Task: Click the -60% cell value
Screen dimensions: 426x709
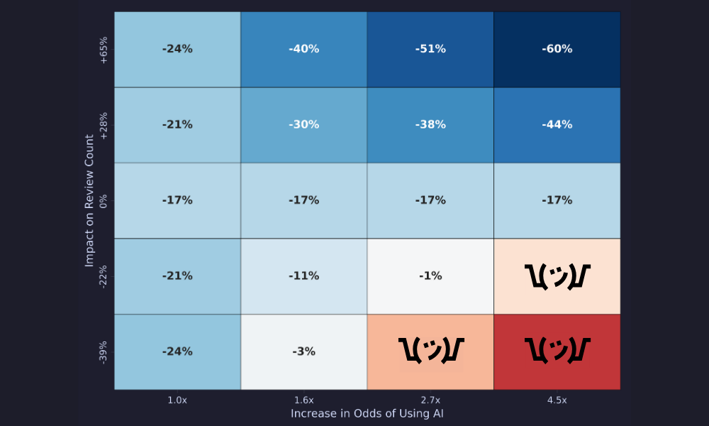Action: pyautogui.click(x=557, y=49)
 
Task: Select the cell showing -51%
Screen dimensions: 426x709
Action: pyautogui.click(x=430, y=49)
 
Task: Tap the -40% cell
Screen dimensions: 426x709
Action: pyautogui.click(x=303, y=49)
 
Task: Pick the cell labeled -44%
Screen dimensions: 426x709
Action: pyautogui.click(x=557, y=125)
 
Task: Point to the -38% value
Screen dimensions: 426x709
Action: pyautogui.click(x=430, y=125)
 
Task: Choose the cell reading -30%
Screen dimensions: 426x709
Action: pyautogui.click(x=303, y=125)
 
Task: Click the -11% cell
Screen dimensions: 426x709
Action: pyautogui.click(x=303, y=276)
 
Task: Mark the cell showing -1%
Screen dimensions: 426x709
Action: pyautogui.click(x=430, y=276)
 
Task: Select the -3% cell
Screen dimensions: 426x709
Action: pyautogui.click(x=303, y=351)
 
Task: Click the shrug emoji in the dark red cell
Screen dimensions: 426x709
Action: pyautogui.click(x=557, y=350)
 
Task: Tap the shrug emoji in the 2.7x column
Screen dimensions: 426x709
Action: pyautogui.click(x=430, y=350)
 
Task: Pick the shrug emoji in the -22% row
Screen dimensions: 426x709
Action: pyautogui.click(x=557, y=275)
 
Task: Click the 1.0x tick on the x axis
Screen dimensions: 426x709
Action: pyautogui.click(x=177, y=400)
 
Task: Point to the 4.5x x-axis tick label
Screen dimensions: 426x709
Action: pyautogui.click(x=557, y=400)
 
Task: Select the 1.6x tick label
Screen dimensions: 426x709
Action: pyautogui.click(x=303, y=400)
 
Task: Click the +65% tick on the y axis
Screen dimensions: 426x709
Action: pyautogui.click(x=104, y=50)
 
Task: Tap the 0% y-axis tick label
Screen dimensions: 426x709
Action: pyautogui.click(x=104, y=201)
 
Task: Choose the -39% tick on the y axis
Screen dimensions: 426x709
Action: pyautogui.click(x=104, y=352)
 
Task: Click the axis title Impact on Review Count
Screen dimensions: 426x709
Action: pyautogui.click(x=89, y=200)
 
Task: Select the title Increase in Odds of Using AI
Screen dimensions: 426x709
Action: pyautogui.click(x=367, y=413)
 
